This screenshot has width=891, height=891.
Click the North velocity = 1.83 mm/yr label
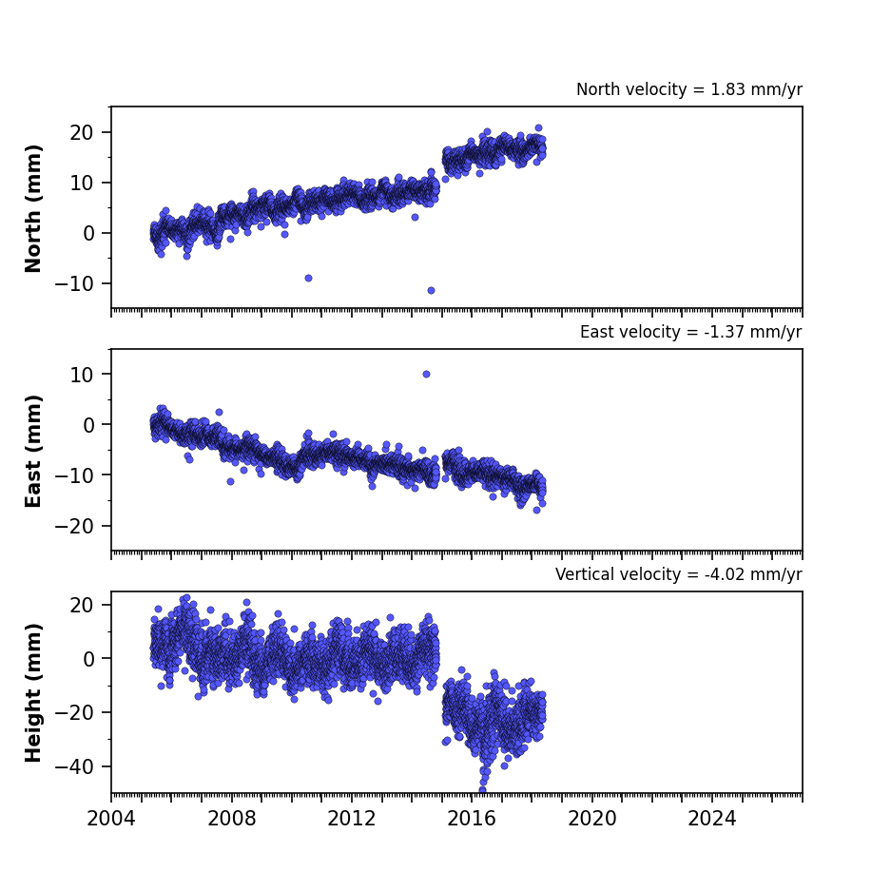pos(689,89)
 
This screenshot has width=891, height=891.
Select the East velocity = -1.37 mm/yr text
pos(691,332)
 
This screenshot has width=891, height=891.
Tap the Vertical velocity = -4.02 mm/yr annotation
pos(679,574)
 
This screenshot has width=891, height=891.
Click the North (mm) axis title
pos(33,208)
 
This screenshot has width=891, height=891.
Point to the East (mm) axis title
pos(33,451)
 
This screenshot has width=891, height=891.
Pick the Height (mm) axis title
pos(33,692)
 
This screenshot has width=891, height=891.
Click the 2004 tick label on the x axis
pos(111,819)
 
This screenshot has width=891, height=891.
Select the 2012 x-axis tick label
pos(351,819)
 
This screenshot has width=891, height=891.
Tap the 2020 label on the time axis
pos(592,819)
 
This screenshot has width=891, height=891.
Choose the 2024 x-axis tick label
pos(712,819)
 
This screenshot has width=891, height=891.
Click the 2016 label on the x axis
pos(472,819)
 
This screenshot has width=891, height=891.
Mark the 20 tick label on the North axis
pos(81,132)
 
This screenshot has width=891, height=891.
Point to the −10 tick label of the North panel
pos(74,283)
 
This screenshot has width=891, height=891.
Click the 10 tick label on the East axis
pos(81,375)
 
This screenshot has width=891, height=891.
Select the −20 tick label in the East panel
pos(74,526)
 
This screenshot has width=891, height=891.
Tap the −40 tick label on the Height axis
pos(74,767)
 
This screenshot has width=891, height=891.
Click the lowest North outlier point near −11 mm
pos(432,290)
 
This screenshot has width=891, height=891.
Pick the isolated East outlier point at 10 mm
pos(426,374)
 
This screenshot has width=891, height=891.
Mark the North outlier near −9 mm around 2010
pos(308,278)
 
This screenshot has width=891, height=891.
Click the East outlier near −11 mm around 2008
pos(231,481)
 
